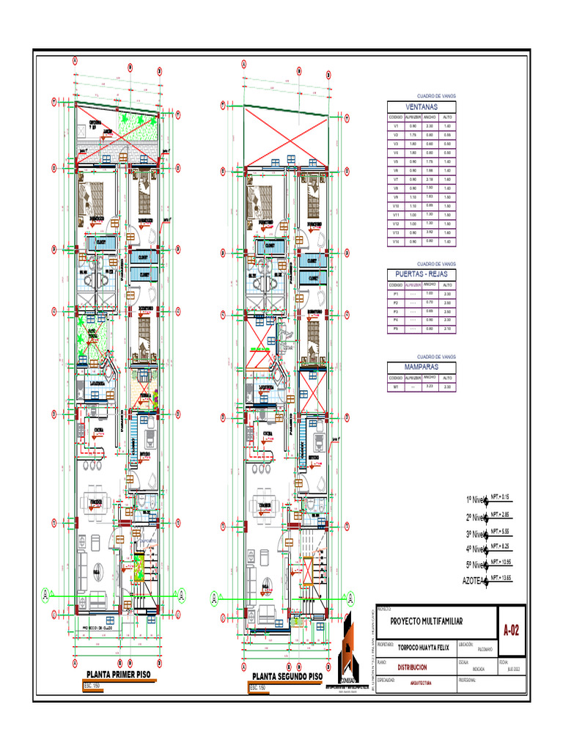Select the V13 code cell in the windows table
click(395, 232)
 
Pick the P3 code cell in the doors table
click(395, 312)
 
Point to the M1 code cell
click(395, 387)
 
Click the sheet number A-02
click(512, 630)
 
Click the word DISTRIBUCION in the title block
click(412, 667)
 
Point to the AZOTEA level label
click(474, 581)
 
